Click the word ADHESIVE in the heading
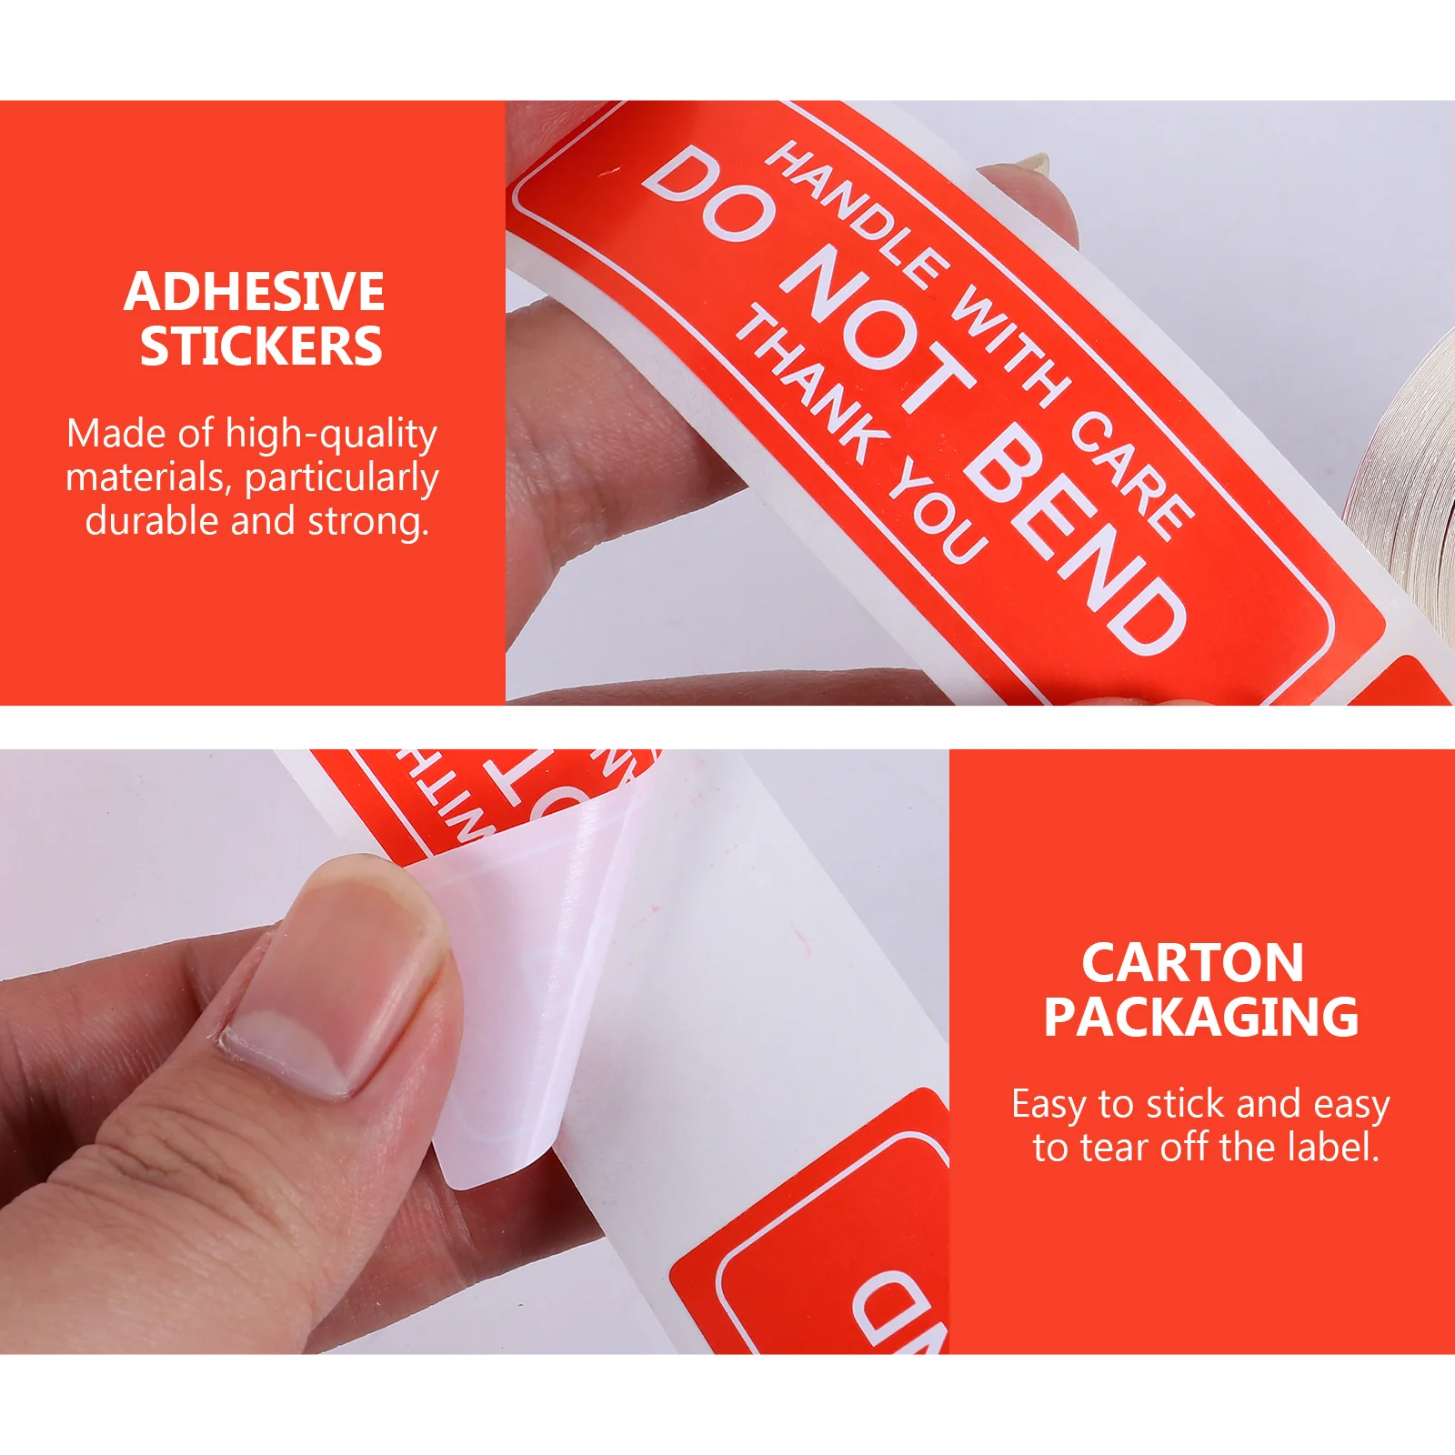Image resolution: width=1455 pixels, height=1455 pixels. pyautogui.click(x=254, y=292)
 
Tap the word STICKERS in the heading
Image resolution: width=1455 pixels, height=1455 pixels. pyautogui.click(x=261, y=346)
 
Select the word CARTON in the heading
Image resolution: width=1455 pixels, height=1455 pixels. pyautogui.click(x=1192, y=962)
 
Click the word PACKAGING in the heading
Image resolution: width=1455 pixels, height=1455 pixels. pyautogui.click(x=1200, y=1017)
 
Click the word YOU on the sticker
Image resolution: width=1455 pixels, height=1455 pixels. pyautogui.click(x=937, y=514)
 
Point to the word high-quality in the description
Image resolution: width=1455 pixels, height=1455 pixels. pyautogui.click(x=331, y=435)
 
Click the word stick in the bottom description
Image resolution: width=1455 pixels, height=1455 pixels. pyautogui.click(x=1185, y=1104)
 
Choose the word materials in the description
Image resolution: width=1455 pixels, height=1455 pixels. pyautogui.click(x=149, y=478)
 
